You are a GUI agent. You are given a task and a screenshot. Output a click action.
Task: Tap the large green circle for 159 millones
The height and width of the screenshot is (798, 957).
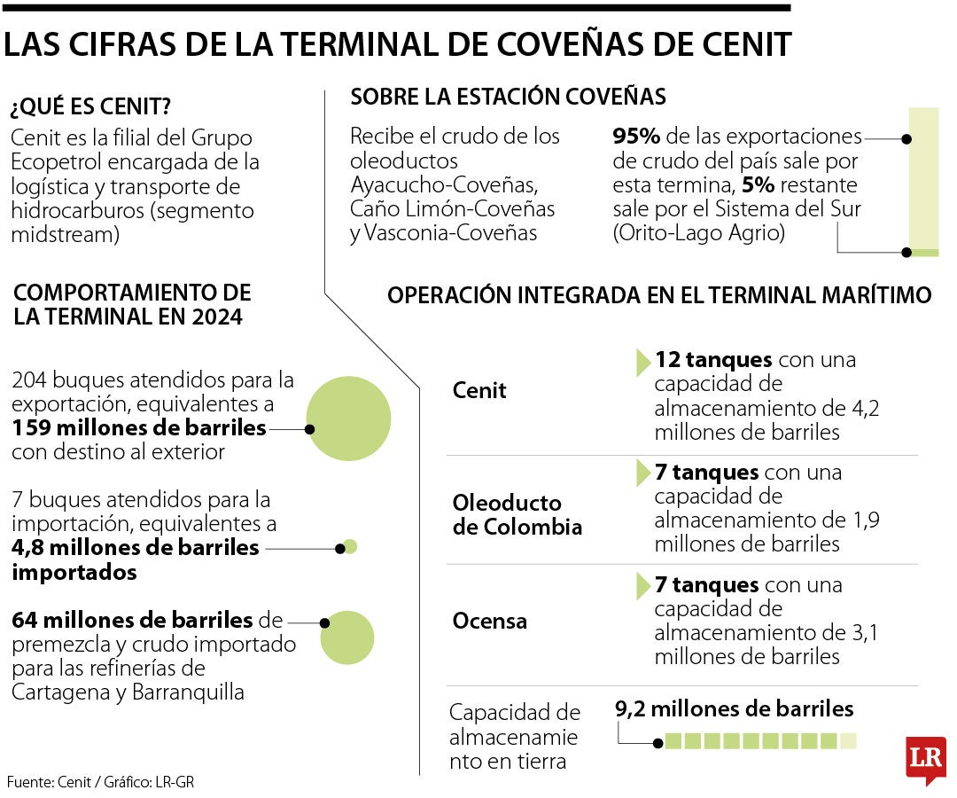(348, 419)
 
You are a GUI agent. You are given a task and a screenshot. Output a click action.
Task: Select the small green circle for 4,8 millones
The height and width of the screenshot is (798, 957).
(350, 547)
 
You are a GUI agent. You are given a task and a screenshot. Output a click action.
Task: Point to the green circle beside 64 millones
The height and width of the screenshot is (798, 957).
(347, 638)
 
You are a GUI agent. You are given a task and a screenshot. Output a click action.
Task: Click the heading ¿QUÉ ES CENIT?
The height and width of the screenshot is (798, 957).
(89, 108)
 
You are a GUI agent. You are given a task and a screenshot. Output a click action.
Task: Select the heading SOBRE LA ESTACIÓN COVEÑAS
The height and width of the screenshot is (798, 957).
(508, 96)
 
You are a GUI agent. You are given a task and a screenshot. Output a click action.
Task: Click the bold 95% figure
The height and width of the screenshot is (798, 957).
(635, 137)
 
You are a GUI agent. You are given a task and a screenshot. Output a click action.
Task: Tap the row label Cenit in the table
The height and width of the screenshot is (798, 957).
(479, 390)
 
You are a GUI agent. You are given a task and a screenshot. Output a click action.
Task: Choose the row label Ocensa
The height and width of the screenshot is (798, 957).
(489, 621)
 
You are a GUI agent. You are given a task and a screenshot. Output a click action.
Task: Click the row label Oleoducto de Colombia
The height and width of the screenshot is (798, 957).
(517, 515)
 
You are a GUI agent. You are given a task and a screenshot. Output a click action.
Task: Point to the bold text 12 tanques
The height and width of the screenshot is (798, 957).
(713, 360)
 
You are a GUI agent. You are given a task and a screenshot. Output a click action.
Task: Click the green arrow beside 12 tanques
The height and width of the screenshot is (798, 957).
(643, 361)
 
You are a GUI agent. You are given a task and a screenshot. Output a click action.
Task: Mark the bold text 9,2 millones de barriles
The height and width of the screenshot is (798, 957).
(734, 708)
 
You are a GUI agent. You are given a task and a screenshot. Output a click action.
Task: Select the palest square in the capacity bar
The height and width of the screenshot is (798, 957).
(848, 741)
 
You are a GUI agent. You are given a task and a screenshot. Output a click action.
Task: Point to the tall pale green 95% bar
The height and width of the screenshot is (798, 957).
(923, 177)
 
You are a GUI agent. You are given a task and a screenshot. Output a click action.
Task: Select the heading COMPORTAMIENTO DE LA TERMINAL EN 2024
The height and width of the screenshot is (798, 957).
(133, 304)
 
